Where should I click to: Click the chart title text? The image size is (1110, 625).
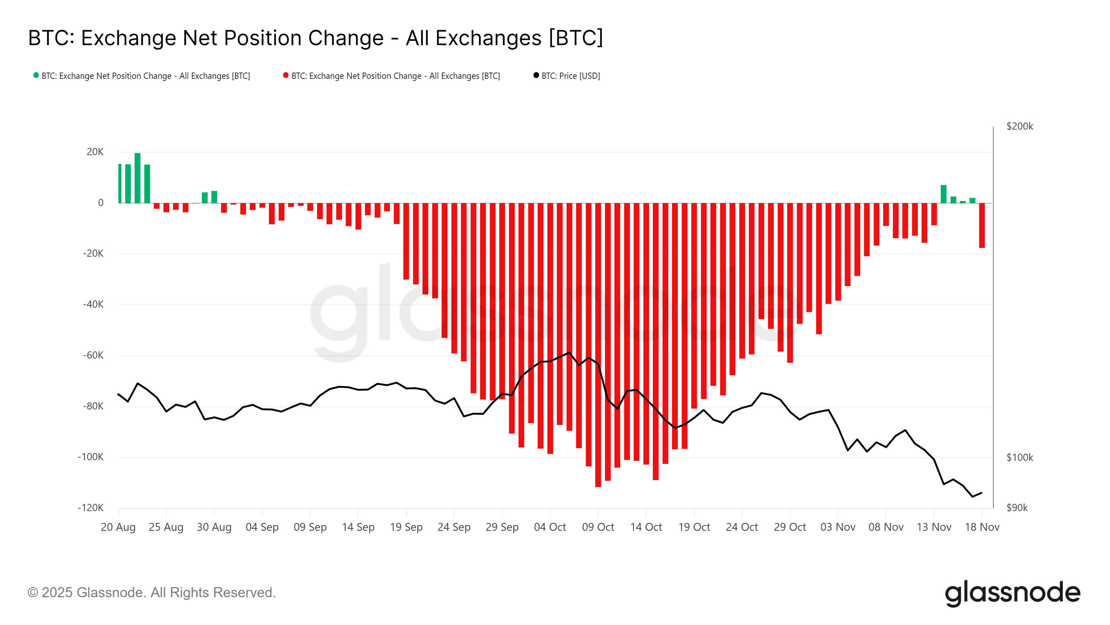pyautogui.click(x=315, y=38)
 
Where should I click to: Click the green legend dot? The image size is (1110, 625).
pyautogui.click(x=36, y=75)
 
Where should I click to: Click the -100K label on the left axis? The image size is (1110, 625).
pyautogui.click(x=91, y=457)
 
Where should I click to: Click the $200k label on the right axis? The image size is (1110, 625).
pyautogui.click(x=1019, y=126)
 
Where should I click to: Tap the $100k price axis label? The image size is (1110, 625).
pyautogui.click(x=1019, y=457)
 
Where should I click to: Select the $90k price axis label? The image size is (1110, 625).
pyautogui.click(x=1017, y=508)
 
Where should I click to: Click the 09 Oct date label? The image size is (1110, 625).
pyautogui.click(x=598, y=527)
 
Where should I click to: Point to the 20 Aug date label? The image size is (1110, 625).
pyautogui.click(x=118, y=527)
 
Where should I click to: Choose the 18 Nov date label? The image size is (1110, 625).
pyautogui.click(x=982, y=527)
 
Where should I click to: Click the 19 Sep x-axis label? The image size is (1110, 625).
pyautogui.click(x=406, y=527)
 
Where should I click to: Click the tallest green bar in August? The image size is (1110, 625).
pyautogui.click(x=137, y=178)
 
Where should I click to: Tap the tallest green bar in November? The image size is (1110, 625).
pyautogui.click(x=943, y=194)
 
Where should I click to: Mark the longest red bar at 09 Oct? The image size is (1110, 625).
pyautogui.click(x=598, y=345)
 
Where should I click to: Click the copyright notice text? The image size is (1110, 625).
pyautogui.click(x=151, y=593)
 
